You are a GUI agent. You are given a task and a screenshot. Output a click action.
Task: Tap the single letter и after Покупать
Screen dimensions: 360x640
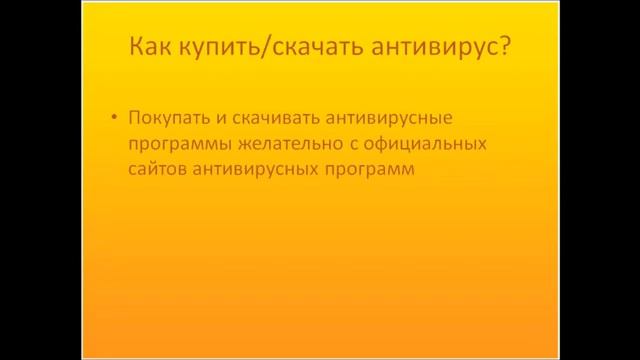[214, 119]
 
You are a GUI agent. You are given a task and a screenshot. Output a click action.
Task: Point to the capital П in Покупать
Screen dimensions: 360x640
[135, 118]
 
